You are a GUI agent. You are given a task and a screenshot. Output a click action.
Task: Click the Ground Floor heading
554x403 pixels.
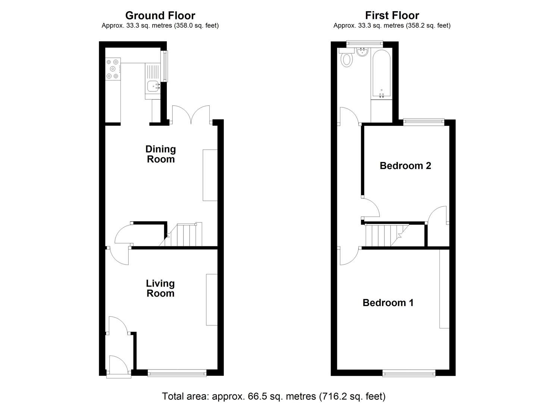click(x=160, y=15)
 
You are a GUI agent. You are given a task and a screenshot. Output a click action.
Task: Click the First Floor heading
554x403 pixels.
click(x=392, y=15)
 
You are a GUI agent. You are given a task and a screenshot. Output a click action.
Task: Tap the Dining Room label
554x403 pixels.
click(x=160, y=154)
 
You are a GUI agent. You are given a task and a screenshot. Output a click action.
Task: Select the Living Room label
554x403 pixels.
click(x=160, y=288)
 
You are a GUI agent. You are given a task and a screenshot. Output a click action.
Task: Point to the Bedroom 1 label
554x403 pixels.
click(x=388, y=303)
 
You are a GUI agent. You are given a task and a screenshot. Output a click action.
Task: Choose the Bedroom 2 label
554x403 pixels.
click(x=405, y=166)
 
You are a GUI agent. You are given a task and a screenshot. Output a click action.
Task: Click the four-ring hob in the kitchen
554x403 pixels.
click(x=113, y=69)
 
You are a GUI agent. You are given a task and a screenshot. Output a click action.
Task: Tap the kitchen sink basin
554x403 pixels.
click(x=153, y=86)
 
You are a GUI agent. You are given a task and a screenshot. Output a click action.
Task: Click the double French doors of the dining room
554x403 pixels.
click(x=191, y=115)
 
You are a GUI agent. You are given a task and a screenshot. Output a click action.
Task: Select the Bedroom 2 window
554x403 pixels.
click(x=424, y=121)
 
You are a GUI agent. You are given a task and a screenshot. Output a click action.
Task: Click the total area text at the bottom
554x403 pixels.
click(x=273, y=396)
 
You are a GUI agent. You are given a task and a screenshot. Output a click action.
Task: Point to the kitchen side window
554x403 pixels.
click(x=164, y=66)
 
